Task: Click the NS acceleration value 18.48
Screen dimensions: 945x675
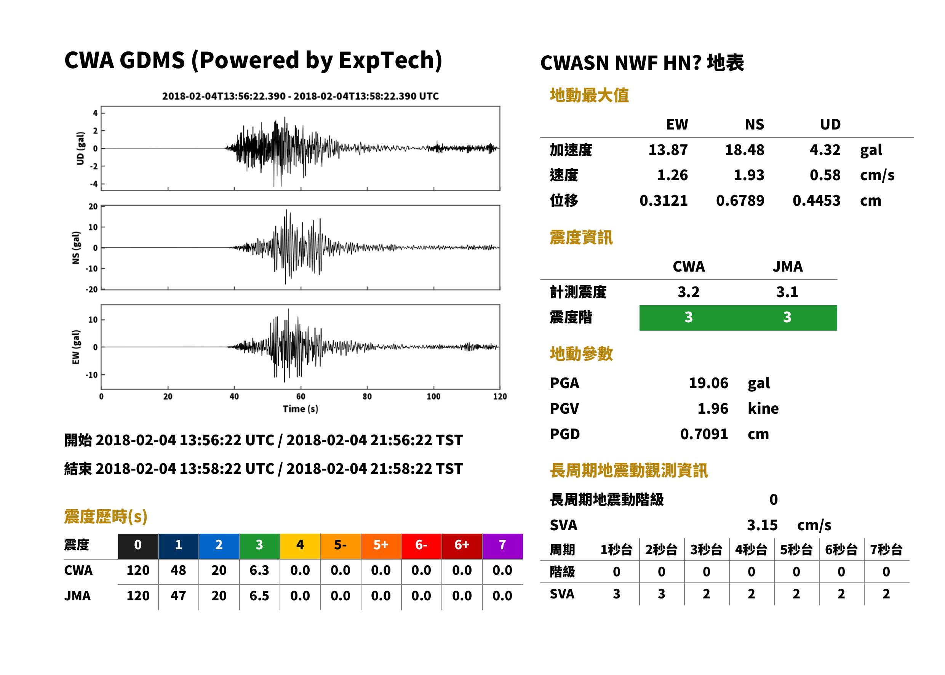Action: pyautogui.click(x=744, y=150)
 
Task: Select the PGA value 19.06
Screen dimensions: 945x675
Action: pyautogui.click(x=708, y=383)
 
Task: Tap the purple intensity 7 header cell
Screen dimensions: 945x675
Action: pyautogui.click(x=502, y=545)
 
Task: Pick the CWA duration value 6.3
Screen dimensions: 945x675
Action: pyautogui.click(x=259, y=570)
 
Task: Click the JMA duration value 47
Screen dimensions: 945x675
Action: pyautogui.click(x=178, y=596)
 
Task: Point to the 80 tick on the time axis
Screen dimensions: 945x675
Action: pyautogui.click(x=367, y=396)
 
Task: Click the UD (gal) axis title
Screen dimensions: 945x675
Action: pyautogui.click(x=80, y=149)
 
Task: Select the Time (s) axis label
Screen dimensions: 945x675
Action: pyautogui.click(x=301, y=409)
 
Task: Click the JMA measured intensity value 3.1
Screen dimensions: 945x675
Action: pyautogui.click(x=787, y=292)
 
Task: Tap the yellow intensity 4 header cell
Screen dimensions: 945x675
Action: pyautogui.click(x=300, y=545)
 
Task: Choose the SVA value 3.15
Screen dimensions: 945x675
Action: pyautogui.click(x=762, y=525)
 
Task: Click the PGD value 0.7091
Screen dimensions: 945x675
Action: pyautogui.click(x=704, y=434)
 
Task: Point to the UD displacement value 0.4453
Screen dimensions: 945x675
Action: pyautogui.click(x=816, y=200)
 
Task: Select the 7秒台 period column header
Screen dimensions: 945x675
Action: pyautogui.click(x=886, y=549)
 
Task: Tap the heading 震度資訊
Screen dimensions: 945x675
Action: pyautogui.click(x=581, y=237)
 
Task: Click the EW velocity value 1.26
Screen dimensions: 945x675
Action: pyautogui.click(x=672, y=175)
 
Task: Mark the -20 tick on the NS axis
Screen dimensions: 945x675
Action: pyautogui.click(x=91, y=289)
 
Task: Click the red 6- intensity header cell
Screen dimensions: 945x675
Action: pyautogui.click(x=421, y=545)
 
